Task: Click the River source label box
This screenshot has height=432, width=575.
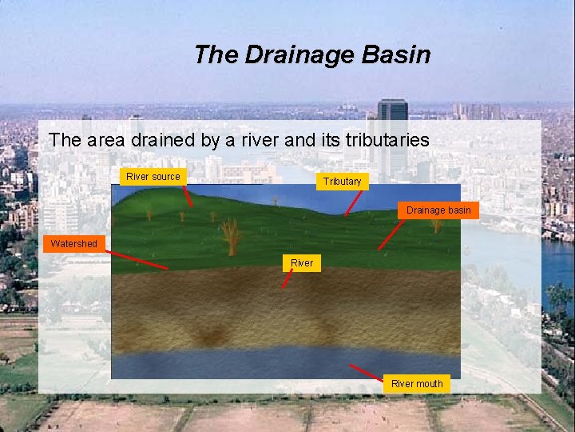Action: tap(153, 176)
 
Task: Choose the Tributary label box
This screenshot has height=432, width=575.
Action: tap(342, 182)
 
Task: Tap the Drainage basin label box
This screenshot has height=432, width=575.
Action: tap(438, 210)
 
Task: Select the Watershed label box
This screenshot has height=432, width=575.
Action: tap(74, 243)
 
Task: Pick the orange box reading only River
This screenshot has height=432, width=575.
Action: tap(302, 262)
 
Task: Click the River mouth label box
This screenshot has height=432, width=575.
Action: tap(417, 384)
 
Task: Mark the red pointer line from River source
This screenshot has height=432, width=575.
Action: tap(187, 196)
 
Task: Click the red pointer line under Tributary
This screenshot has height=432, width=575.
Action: tap(351, 203)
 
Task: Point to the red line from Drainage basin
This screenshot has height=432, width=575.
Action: tap(391, 235)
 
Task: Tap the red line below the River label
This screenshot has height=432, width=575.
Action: tap(288, 279)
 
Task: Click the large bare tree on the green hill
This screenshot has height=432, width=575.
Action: tap(231, 236)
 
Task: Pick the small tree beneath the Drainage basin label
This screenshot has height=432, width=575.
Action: tap(437, 226)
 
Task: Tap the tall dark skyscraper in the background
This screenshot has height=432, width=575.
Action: tap(392, 128)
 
